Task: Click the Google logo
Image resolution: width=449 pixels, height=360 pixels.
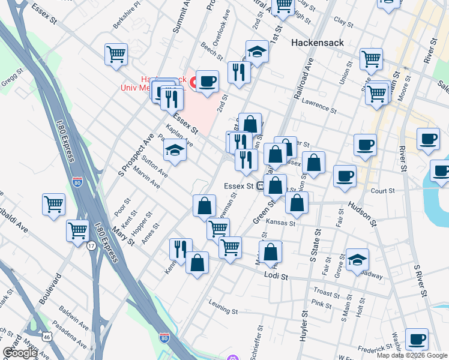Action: pyautogui.click(x=20, y=353)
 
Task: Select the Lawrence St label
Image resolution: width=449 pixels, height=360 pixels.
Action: pyautogui.click(x=319, y=105)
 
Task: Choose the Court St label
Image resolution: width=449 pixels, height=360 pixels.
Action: pyautogui.click(x=382, y=191)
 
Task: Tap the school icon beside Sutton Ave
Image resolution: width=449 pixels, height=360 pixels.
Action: pyautogui.click(x=175, y=149)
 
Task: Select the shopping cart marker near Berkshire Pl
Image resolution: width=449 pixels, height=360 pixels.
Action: pyautogui.click(x=116, y=53)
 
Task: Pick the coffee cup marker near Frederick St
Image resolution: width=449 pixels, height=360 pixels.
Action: pyautogui.click(x=416, y=338)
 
